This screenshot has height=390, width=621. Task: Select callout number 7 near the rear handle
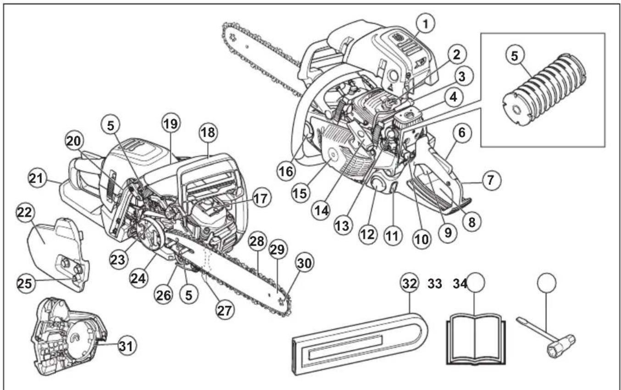490,180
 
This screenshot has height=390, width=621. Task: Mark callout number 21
39,177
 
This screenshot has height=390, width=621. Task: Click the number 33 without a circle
435,284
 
